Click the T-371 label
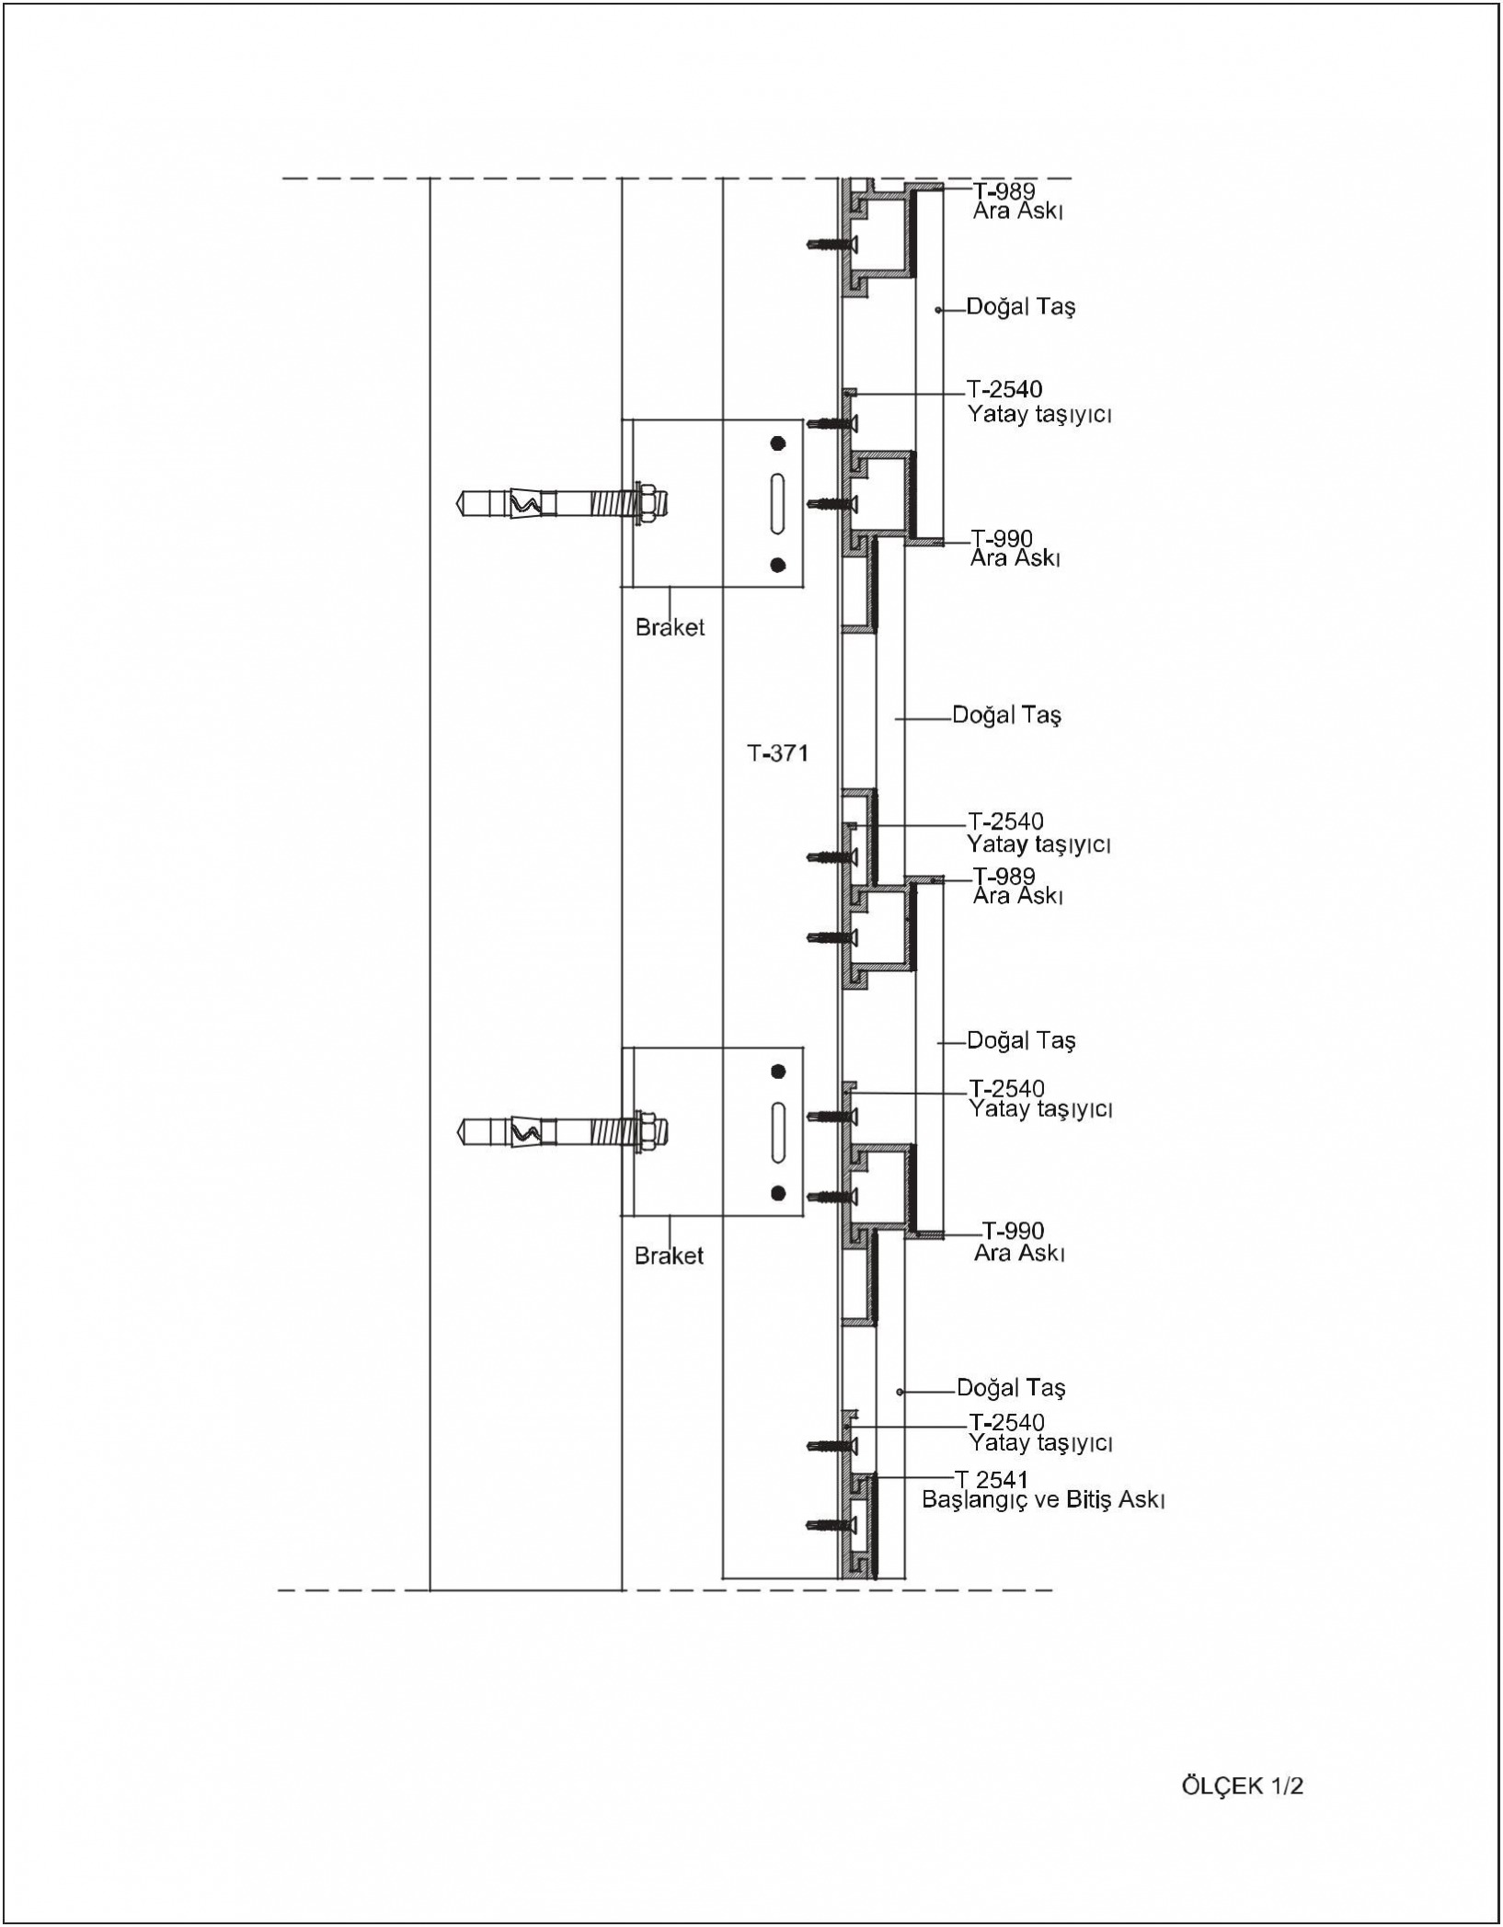(x=777, y=753)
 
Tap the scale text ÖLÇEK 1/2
(x=1242, y=1786)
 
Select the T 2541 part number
(x=992, y=1479)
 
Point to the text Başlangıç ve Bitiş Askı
(x=1044, y=1500)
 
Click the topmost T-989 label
(x=1004, y=191)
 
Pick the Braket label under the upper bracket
(x=670, y=627)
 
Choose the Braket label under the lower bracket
(x=669, y=1256)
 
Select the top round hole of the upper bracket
(x=778, y=443)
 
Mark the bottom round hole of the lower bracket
(x=778, y=1193)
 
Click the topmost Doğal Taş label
(x=1021, y=307)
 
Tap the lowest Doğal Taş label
(x=1011, y=1388)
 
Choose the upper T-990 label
(x=1002, y=539)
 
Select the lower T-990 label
(x=1013, y=1231)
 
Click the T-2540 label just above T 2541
(x=1006, y=1422)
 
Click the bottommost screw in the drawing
(x=830, y=1526)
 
